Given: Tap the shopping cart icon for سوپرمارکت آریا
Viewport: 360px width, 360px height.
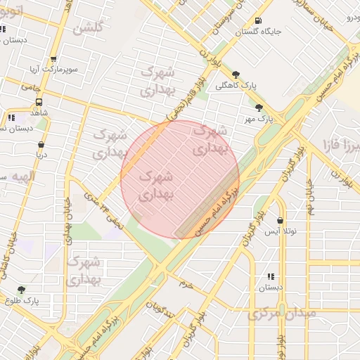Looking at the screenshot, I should [x=54, y=60].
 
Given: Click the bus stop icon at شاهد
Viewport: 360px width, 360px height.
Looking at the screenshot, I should [x=38, y=101].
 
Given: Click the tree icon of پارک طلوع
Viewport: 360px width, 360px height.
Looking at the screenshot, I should [x=21, y=289].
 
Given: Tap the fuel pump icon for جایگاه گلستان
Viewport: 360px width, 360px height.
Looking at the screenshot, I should [x=259, y=20].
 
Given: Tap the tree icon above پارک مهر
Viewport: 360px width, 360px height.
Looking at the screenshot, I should [x=259, y=108].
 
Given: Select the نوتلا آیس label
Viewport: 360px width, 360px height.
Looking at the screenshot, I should [x=281, y=231].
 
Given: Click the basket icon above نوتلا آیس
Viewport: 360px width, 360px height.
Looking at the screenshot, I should [x=281, y=219].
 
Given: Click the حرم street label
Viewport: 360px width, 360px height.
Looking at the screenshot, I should [x=186, y=285].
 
